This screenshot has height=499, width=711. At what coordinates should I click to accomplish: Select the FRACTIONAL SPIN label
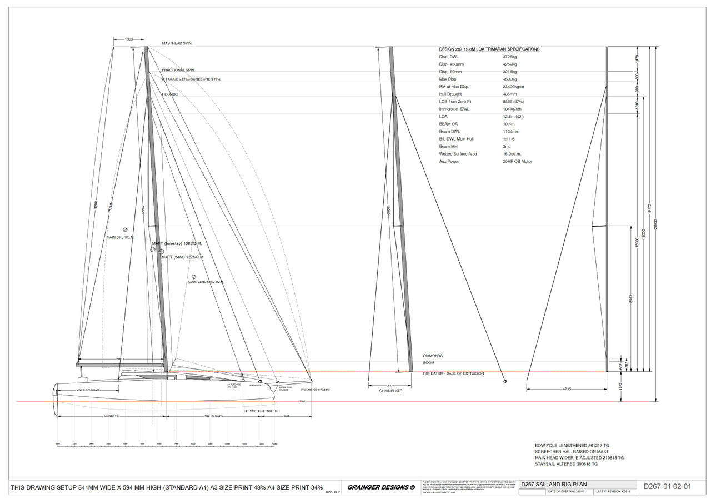178,70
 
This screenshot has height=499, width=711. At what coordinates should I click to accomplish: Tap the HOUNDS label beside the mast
170,94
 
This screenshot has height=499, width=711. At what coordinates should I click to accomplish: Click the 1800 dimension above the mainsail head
129,39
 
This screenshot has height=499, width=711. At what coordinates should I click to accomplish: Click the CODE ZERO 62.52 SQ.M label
206,282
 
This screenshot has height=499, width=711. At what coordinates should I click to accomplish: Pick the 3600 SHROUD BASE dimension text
88,390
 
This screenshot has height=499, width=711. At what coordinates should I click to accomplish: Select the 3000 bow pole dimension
287,416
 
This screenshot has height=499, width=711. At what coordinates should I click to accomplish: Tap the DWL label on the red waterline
303,401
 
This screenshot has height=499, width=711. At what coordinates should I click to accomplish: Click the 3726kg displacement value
510,57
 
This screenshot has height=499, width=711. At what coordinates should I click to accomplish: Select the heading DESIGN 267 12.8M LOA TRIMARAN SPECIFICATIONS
489,49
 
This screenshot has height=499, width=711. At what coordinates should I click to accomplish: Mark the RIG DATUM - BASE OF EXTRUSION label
453,373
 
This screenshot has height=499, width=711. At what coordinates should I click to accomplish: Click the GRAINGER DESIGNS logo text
381,487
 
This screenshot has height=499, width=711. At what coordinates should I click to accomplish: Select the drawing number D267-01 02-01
667,487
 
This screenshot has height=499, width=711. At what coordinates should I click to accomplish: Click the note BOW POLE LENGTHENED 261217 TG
572,445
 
